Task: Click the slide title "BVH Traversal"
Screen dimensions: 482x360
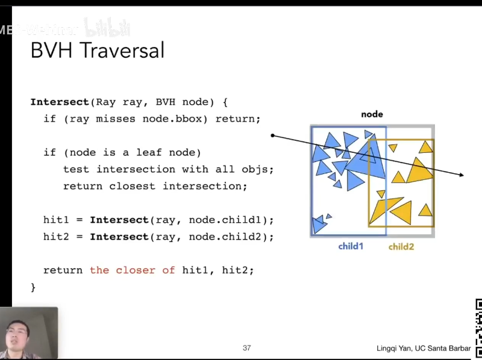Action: coord(97,50)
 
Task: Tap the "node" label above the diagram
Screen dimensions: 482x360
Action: coord(372,114)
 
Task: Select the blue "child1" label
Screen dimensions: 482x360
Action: coord(350,246)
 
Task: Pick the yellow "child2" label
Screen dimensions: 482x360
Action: coord(401,246)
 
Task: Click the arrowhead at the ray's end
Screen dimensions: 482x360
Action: coord(461,175)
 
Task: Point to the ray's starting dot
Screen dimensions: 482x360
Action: coord(272,135)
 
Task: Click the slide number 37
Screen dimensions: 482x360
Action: coord(246,348)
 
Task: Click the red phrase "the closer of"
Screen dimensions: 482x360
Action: coord(132,270)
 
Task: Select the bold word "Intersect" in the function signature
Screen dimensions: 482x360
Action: coord(59,102)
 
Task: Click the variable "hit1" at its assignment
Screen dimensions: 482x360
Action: coord(56,220)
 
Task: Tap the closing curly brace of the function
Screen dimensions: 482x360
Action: coord(33,287)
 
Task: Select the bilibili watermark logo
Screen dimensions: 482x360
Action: coord(107,28)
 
